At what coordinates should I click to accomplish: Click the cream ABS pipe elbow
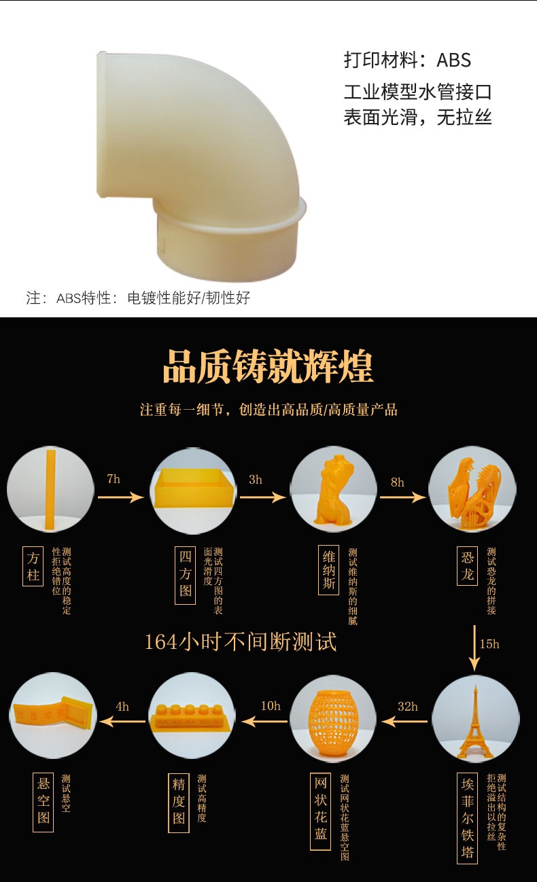[197, 165]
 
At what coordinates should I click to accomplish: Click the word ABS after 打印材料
[453, 60]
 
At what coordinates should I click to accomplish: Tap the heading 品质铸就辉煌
[268, 367]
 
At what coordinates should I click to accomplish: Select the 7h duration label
[114, 479]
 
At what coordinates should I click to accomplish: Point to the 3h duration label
[256, 479]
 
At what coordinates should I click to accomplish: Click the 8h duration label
[398, 482]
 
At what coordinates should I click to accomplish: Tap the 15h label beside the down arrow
[489, 644]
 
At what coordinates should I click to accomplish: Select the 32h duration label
[407, 707]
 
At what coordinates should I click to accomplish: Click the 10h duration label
[271, 705]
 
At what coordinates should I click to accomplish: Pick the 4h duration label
[122, 707]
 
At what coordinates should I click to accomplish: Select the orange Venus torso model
[333, 490]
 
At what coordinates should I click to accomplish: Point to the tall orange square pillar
[51, 490]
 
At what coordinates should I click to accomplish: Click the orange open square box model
[192, 487]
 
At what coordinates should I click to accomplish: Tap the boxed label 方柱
[33, 566]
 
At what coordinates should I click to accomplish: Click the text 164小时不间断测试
[241, 642]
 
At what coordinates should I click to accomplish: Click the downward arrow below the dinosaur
[474, 648]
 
